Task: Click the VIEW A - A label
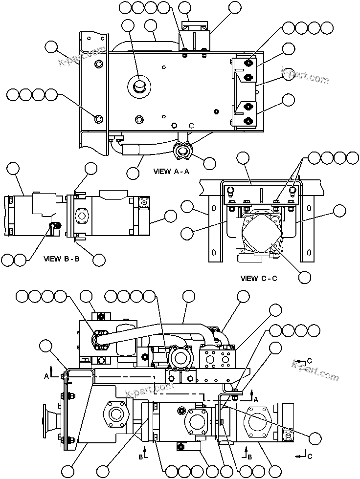(x=171, y=172)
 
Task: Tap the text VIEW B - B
(x=61, y=259)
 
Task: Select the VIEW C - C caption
(x=259, y=278)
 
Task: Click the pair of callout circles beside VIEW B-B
(x=14, y=259)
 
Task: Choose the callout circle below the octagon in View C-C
(x=305, y=277)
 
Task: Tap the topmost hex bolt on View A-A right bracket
(x=248, y=63)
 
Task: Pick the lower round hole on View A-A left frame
(x=99, y=119)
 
